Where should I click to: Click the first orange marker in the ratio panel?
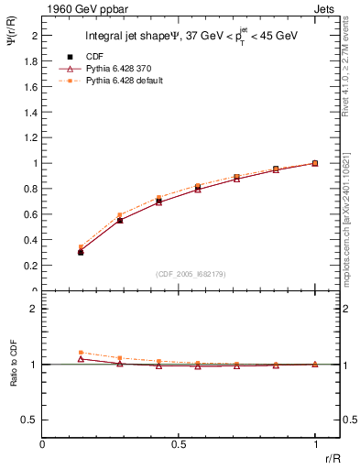[81, 352]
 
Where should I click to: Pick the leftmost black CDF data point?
[81, 251]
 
